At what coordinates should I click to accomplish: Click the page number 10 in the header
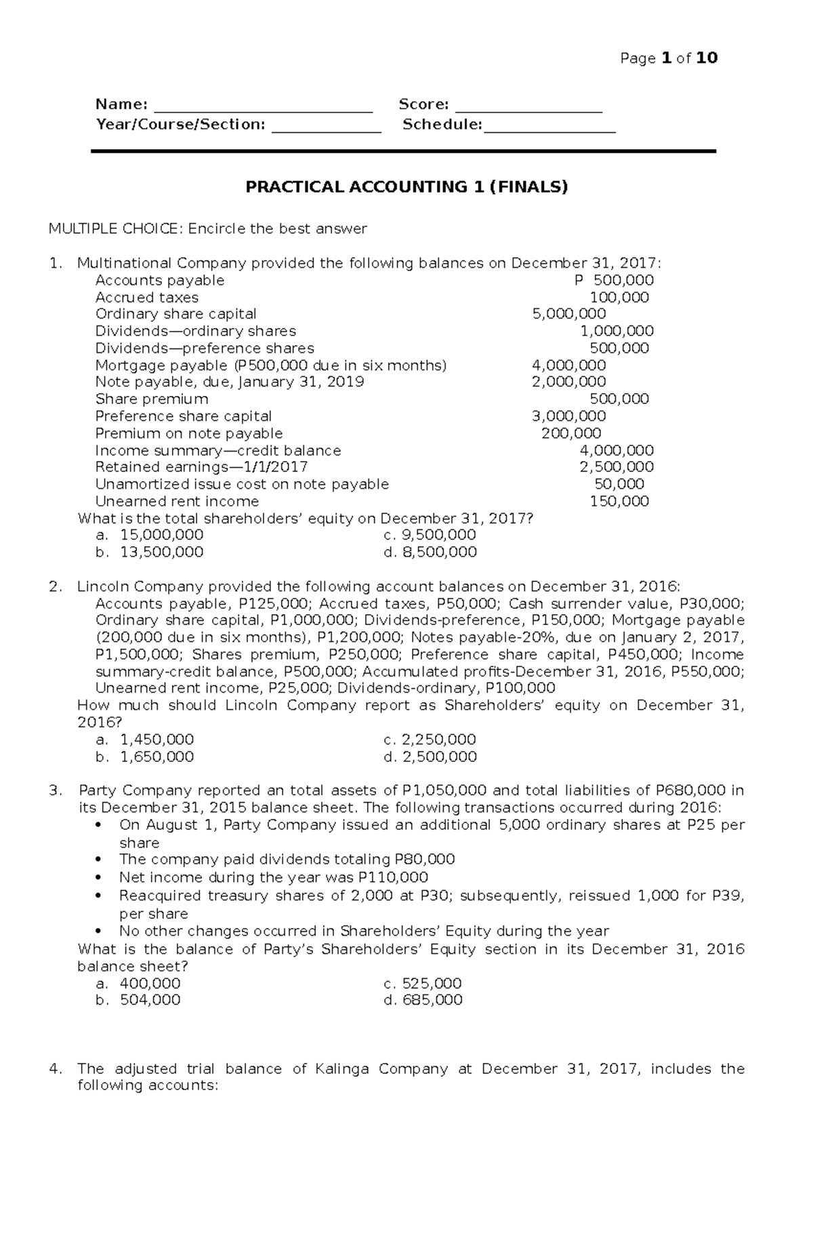pos(707,58)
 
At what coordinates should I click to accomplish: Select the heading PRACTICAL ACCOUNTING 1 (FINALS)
pos(406,187)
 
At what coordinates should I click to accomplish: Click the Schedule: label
pos(442,125)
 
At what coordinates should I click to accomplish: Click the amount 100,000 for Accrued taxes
pos(619,298)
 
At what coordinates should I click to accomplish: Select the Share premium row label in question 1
pos(152,399)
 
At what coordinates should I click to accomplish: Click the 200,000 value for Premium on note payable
pos(570,433)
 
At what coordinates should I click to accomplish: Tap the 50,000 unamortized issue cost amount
pos(619,484)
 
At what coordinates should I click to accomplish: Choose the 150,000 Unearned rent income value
pos(619,502)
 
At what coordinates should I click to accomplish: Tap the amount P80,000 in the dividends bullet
pos(424,860)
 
